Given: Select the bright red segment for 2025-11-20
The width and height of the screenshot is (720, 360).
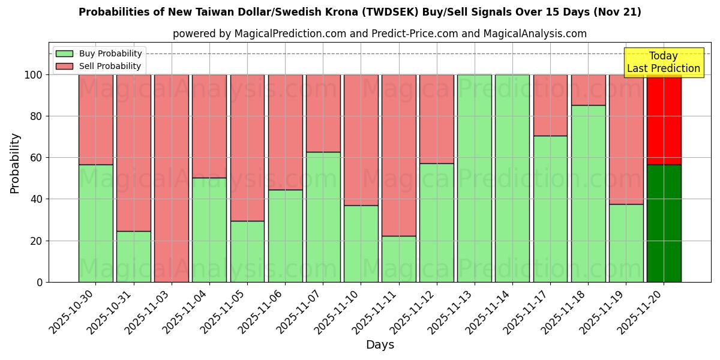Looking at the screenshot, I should coord(664,119).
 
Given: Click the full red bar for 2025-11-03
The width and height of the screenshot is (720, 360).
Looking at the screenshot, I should coord(172,178).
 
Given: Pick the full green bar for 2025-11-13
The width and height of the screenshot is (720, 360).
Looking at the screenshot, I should coord(474,178).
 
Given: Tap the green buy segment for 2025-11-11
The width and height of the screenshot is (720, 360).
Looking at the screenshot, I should coord(398,259).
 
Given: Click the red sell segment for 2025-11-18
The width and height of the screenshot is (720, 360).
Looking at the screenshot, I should coord(588,90).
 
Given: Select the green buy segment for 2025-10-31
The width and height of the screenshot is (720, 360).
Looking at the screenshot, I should coord(133,256).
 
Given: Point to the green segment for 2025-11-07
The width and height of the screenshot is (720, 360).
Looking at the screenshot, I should coord(323,217).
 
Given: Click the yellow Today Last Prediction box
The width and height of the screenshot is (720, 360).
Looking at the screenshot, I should coord(664,62).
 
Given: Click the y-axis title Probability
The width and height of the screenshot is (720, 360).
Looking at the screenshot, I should coord(15,163).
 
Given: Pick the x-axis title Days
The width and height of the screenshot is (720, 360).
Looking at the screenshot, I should coord(380,345).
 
